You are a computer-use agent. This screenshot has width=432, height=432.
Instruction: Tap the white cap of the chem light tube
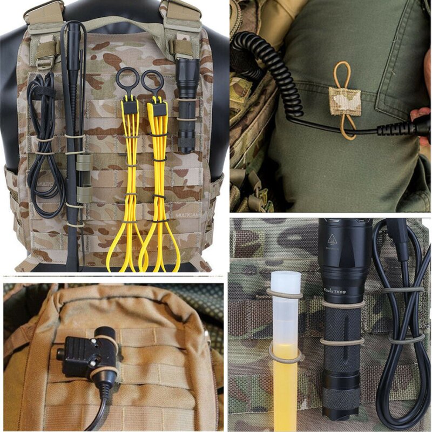pos(285,283)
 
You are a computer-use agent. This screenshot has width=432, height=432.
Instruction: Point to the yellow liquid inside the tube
pos(285,389)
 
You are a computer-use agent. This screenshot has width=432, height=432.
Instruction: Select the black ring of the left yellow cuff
pos(126,79)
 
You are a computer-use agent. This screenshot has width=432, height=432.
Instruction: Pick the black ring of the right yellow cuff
pos(152,81)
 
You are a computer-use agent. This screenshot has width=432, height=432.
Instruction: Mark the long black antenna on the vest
pos(71,135)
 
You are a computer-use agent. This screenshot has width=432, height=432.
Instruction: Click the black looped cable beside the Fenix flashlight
pos(402,335)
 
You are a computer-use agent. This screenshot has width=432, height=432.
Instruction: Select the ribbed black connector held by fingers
pos(400,129)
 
